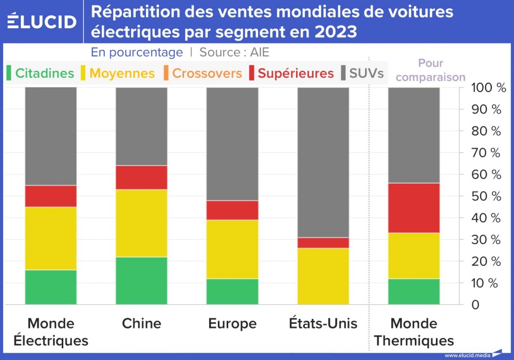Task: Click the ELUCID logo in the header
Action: point(42,21)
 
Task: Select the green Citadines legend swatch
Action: point(9,73)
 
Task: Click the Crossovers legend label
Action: point(207,73)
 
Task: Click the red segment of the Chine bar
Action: point(141,177)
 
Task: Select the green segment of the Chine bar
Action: point(141,280)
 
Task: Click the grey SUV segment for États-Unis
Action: point(323,162)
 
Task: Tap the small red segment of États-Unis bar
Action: point(323,243)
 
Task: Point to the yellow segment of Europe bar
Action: point(232,249)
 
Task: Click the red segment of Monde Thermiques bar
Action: point(414,208)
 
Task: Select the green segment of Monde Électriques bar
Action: point(51,287)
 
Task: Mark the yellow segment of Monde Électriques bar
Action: point(51,238)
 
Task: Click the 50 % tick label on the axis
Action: point(486,196)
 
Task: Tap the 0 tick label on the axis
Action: point(475,305)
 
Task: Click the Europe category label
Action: point(232,323)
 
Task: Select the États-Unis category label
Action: point(323,323)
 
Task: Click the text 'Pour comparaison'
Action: point(431,70)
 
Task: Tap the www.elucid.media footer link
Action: point(467,355)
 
